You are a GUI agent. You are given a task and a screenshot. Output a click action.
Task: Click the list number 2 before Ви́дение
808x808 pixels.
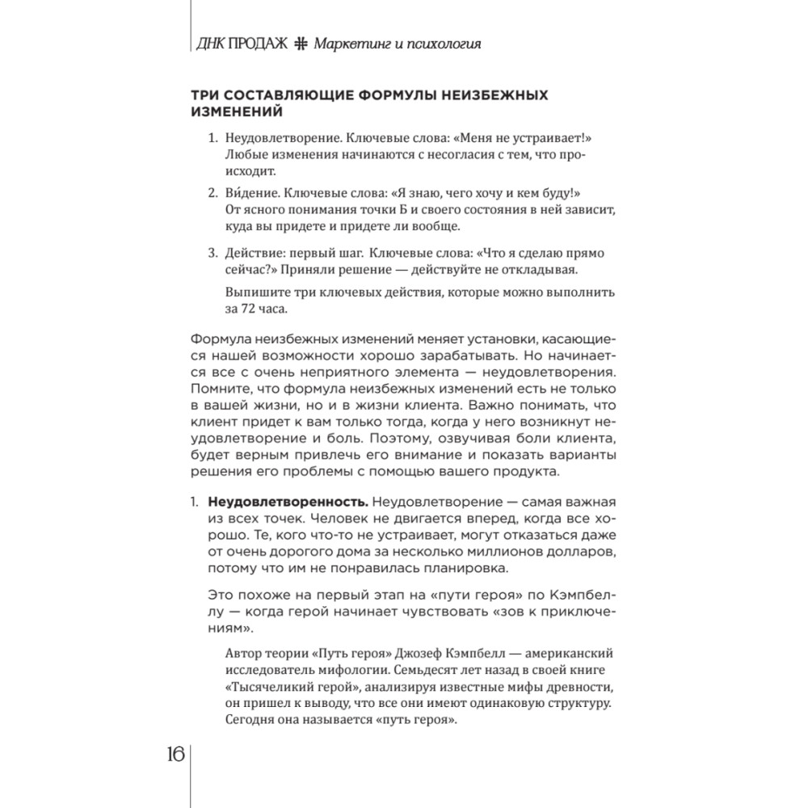[x=213, y=195]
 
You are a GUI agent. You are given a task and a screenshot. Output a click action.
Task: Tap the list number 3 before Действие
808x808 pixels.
[x=213, y=253]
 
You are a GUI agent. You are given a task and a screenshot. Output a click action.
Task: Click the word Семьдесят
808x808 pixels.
[x=434, y=670]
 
